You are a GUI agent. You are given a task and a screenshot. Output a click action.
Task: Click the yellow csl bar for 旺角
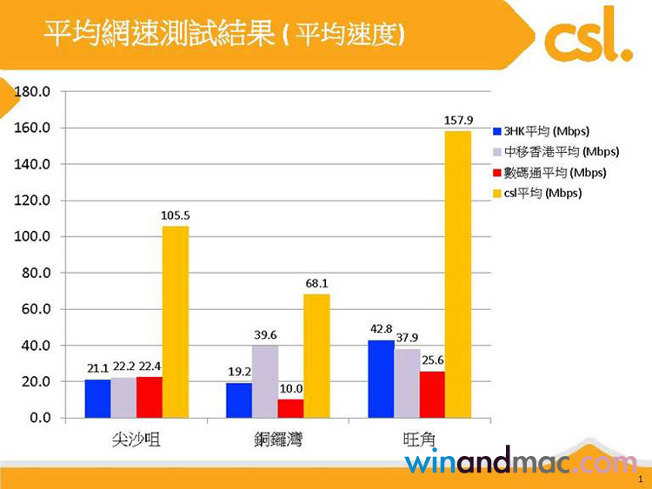(458, 274)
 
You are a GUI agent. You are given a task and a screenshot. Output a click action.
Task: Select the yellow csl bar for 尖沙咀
(175, 321)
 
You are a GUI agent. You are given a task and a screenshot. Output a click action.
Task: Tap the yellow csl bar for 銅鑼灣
(316, 355)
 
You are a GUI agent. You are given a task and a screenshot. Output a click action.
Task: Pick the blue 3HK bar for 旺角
(380, 379)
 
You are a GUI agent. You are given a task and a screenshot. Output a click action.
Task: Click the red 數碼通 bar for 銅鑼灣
(291, 408)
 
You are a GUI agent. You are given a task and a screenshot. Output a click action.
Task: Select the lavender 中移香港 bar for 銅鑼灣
(265, 381)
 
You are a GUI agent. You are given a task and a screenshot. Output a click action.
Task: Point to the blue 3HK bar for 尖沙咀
(97, 398)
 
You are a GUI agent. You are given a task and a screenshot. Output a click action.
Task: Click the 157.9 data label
(458, 120)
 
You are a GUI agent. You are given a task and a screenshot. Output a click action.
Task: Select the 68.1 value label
(316, 283)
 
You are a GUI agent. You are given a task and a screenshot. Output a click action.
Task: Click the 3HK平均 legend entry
(541, 132)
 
